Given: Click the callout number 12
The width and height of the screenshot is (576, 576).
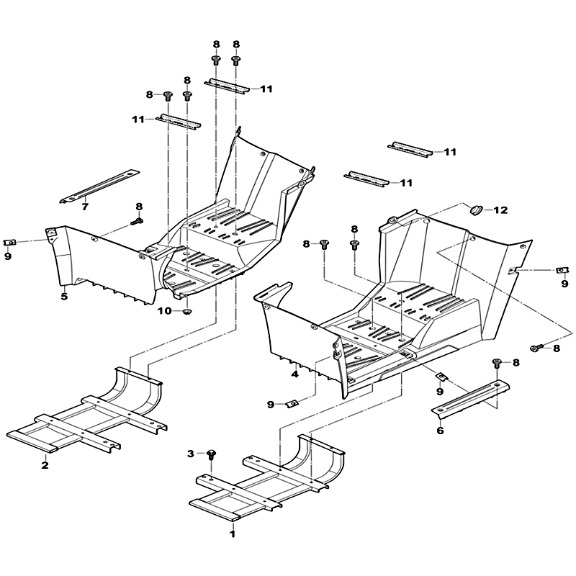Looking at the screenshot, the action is [500, 210].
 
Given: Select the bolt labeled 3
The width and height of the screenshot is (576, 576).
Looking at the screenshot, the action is [211, 455].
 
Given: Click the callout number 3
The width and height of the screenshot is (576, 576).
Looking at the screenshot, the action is [190, 454].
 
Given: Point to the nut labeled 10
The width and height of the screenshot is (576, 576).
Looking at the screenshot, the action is [188, 312].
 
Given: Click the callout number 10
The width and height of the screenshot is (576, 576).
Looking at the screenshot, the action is [165, 311].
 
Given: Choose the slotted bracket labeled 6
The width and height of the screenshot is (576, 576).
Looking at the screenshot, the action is [470, 399].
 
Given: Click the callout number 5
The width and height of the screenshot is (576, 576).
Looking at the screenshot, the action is [64, 297].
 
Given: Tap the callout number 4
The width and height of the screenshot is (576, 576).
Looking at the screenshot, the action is [294, 374].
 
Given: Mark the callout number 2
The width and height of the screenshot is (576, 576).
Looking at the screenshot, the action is [45, 465].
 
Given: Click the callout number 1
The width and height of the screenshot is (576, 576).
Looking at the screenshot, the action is [232, 534].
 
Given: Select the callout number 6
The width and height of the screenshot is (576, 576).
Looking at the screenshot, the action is [440, 430].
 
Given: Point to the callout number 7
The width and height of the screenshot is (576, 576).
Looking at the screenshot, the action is [85, 207].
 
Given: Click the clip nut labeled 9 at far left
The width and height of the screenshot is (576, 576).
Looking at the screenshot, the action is [9, 242].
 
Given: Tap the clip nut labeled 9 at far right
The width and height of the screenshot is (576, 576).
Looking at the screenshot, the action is [561, 271].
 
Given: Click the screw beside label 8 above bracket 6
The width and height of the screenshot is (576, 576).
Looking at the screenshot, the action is [497, 364].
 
